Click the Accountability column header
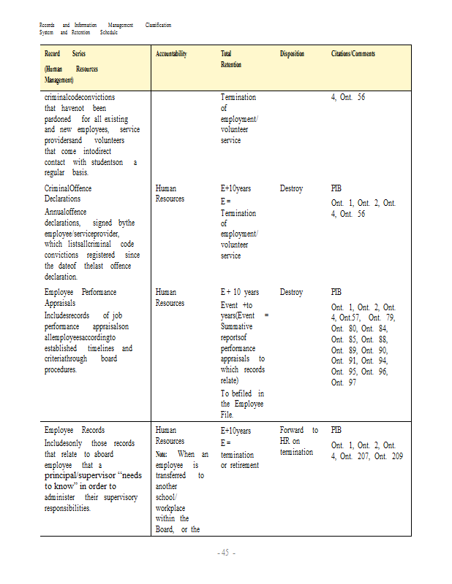click(x=171, y=54)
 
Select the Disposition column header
click(x=292, y=54)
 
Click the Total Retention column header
click(x=231, y=59)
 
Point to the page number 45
click(x=226, y=553)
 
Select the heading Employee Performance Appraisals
click(x=80, y=297)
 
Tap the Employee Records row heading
click(x=74, y=430)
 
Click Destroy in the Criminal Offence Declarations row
click(x=291, y=188)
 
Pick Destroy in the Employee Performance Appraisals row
click(x=291, y=292)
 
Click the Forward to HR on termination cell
click(x=298, y=441)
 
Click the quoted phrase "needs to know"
click(x=93, y=480)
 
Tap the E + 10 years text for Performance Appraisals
click(x=240, y=292)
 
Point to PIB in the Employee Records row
click(x=336, y=430)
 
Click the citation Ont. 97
click(x=344, y=383)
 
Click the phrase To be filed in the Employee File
click(x=242, y=404)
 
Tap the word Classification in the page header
click(x=158, y=25)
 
